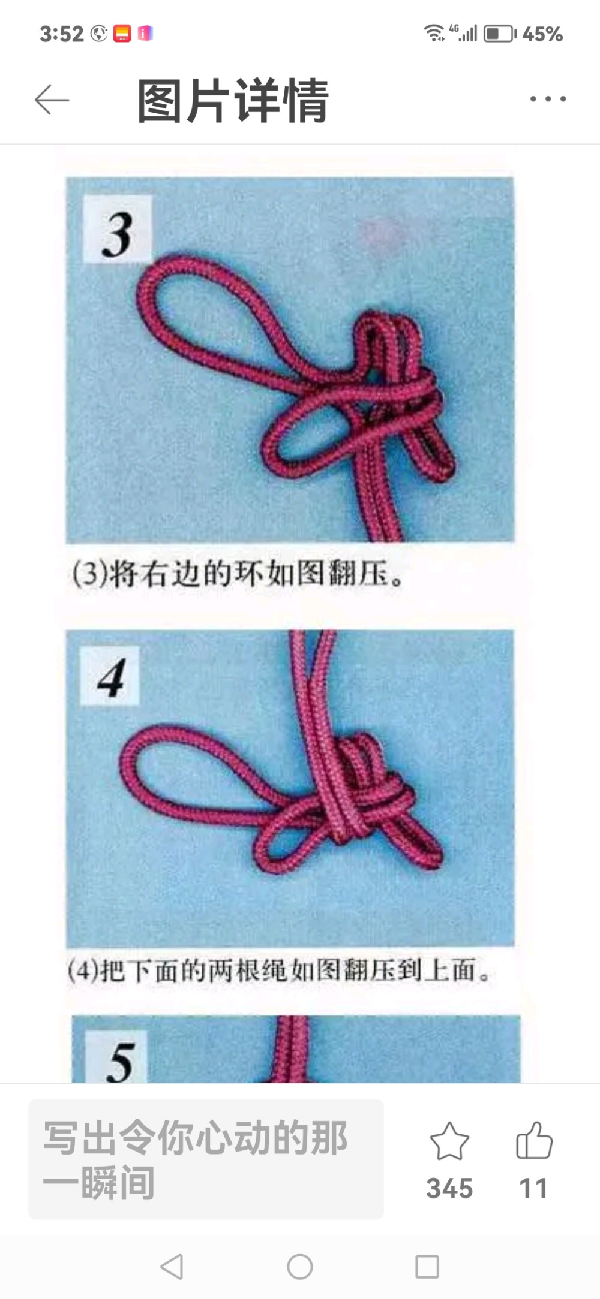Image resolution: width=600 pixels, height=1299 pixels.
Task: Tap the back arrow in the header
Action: pos(52,100)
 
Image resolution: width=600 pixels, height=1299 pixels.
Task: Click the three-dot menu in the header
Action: pos(548,99)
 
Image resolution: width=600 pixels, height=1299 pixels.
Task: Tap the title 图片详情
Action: pos(233,101)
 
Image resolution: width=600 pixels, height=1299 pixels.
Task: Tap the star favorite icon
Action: pos(449,1142)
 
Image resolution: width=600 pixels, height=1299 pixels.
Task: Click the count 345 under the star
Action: pos(449,1188)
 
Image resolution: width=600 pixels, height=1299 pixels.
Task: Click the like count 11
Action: pos(533,1188)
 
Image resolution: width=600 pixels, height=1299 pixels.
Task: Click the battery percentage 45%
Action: pos(542,34)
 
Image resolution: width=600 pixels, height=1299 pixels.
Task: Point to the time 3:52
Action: pos(61,34)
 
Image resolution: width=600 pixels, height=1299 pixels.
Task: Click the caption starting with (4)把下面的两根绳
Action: pos(278,970)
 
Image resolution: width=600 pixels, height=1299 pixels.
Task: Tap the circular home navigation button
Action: pos(299,1267)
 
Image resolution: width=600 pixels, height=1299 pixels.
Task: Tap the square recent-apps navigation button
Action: pos(427,1267)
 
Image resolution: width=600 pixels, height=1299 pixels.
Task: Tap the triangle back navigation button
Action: pos(172,1267)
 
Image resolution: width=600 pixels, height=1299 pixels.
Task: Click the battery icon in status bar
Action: pos(499,34)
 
